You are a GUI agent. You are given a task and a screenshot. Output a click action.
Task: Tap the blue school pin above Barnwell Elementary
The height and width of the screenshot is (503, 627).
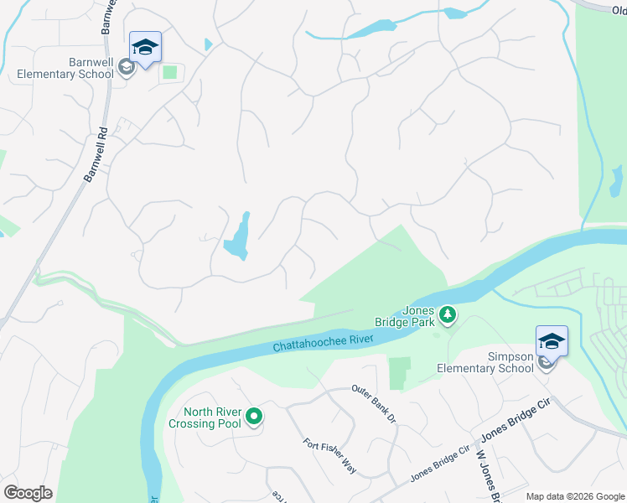click(145, 48)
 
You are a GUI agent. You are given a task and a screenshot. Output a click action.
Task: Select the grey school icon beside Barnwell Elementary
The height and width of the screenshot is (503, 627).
click(127, 67)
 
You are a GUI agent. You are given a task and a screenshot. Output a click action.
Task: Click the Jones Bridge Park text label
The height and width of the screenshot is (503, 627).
click(406, 315)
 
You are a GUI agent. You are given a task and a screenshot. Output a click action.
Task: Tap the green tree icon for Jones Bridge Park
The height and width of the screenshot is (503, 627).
click(448, 315)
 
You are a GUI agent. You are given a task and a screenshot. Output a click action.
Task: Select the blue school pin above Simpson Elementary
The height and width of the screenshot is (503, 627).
click(552, 342)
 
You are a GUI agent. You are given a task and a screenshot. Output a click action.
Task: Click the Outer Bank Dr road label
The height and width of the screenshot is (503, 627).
click(373, 403)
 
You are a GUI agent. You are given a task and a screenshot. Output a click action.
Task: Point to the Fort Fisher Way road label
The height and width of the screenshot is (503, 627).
click(329, 457)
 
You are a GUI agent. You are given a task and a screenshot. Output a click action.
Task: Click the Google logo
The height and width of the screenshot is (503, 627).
click(28, 493)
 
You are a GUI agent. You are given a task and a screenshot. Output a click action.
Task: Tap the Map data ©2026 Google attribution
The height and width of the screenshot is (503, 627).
click(574, 496)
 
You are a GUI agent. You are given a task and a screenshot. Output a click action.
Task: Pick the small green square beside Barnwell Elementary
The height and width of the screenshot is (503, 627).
click(170, 72)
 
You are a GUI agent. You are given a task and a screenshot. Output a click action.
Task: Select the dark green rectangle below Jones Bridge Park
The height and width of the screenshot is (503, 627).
click(400, 372)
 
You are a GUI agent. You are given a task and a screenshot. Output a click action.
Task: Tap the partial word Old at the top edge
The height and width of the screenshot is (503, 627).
click(614, 4)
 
